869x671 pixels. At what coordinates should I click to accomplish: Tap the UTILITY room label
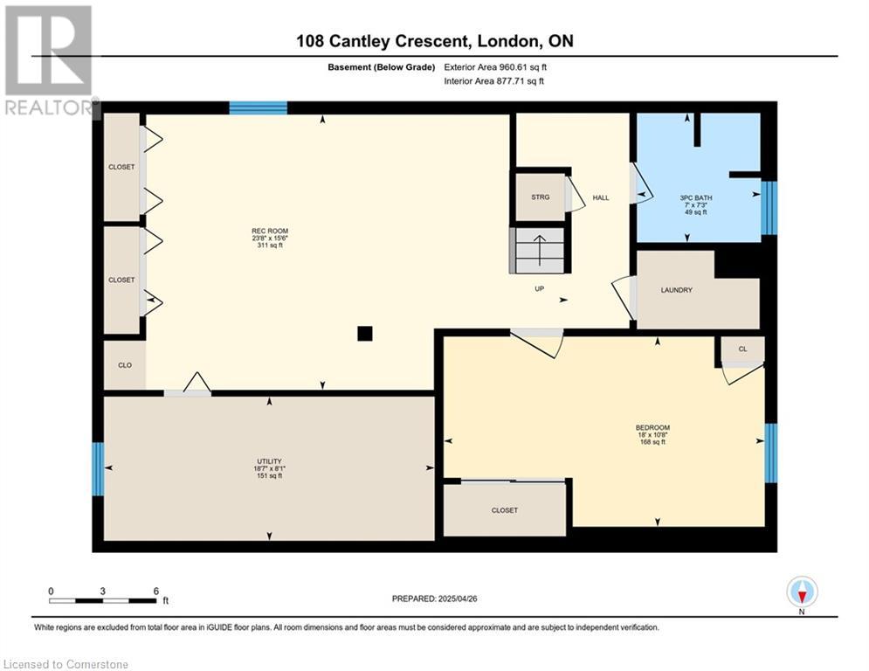pyautogui.click(x=269, y=461)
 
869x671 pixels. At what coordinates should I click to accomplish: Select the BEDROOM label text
pyautogui.click(x=652, y=427)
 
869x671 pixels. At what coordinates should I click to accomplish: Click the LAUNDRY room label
pyautogui.click(x=676, y=290)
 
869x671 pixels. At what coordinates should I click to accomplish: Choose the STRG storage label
pyautogui.click(x=541, y=197)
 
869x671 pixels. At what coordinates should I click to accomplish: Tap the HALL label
pyautogui.click(x=601, y=197)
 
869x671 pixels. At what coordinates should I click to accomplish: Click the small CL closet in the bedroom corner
pyautogui.click(x=742, y=349)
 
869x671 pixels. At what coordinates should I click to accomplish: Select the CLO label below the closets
pyautogui.click(x=125, y=365)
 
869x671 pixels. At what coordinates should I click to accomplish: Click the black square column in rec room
pyautogui.click(x=365, y=333)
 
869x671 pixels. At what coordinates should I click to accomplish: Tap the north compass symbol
pyautogui.click(x=802, y=591)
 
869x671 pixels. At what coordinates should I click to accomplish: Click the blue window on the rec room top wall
pyautogui.click(x=258, y=107)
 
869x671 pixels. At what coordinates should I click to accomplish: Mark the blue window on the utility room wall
pyautogui.click(x=98, y=469)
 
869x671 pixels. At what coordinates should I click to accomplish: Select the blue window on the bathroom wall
pyautogui.click(x=769, y=208)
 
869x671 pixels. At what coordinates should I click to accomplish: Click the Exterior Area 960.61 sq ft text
pyautogui.click(x=495, y=66)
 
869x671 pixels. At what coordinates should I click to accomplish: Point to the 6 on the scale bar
pyautogui.click(x=155, y=591)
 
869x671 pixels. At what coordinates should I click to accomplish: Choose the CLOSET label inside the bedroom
pyautogui.click(x=504, y=510)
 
